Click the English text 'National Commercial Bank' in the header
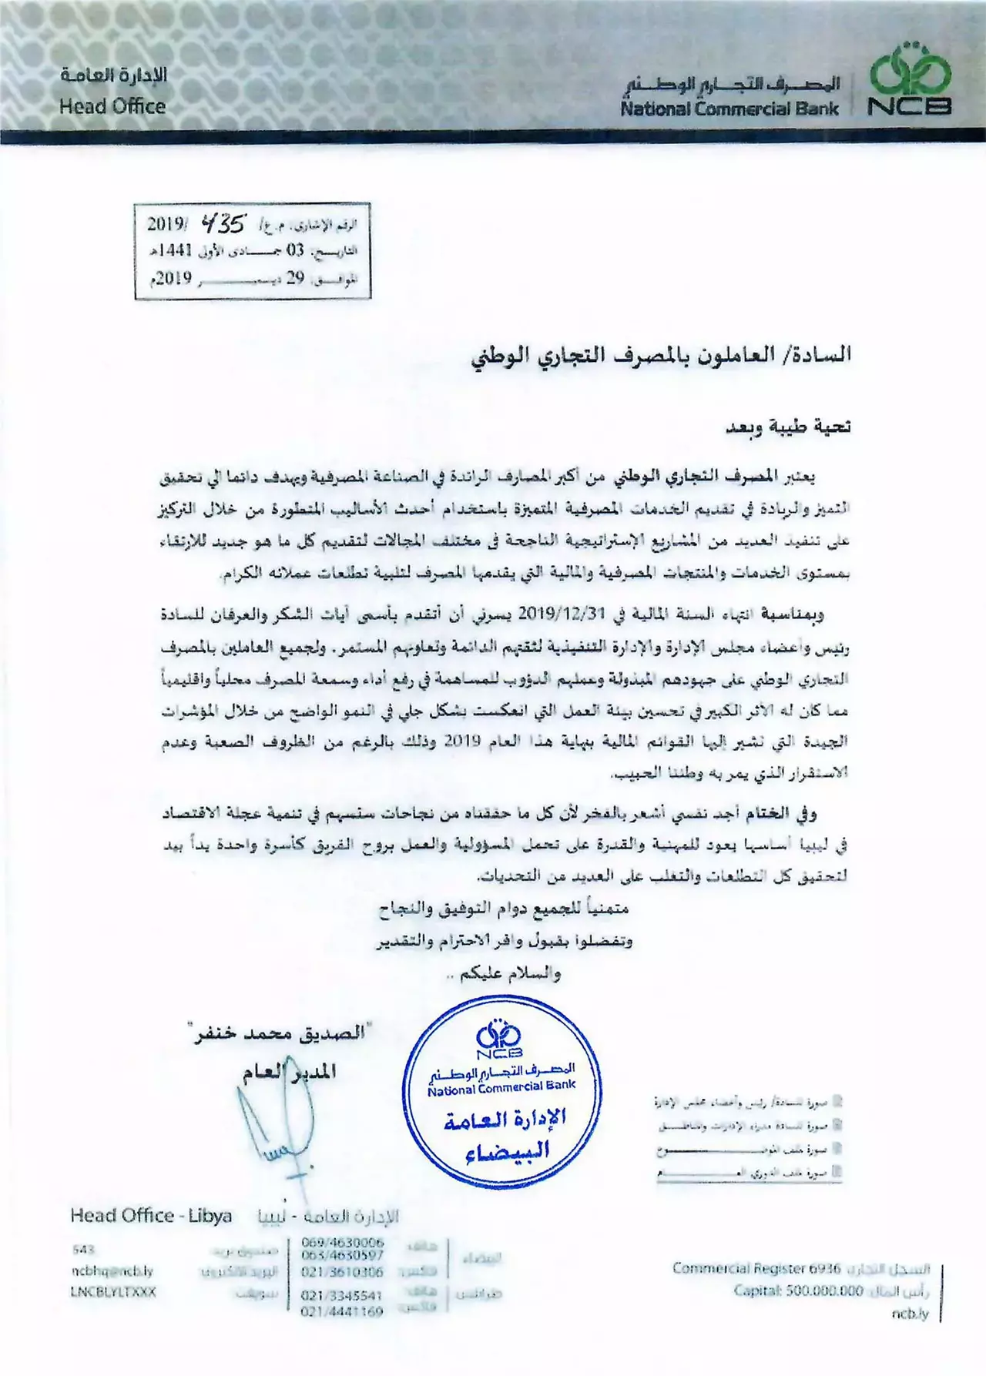[729, 109]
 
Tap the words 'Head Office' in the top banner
[112, 106]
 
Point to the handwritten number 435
[223, 224]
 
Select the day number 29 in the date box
[296, 277]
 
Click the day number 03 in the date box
[296, 251]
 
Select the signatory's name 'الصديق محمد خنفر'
[280, 1033]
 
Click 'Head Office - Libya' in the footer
[151, 1216]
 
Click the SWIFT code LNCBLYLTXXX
[113, 1291]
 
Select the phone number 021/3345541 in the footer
[342, 1296]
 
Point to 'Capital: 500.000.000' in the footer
[798, 1291]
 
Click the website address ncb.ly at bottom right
[911, 1314]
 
